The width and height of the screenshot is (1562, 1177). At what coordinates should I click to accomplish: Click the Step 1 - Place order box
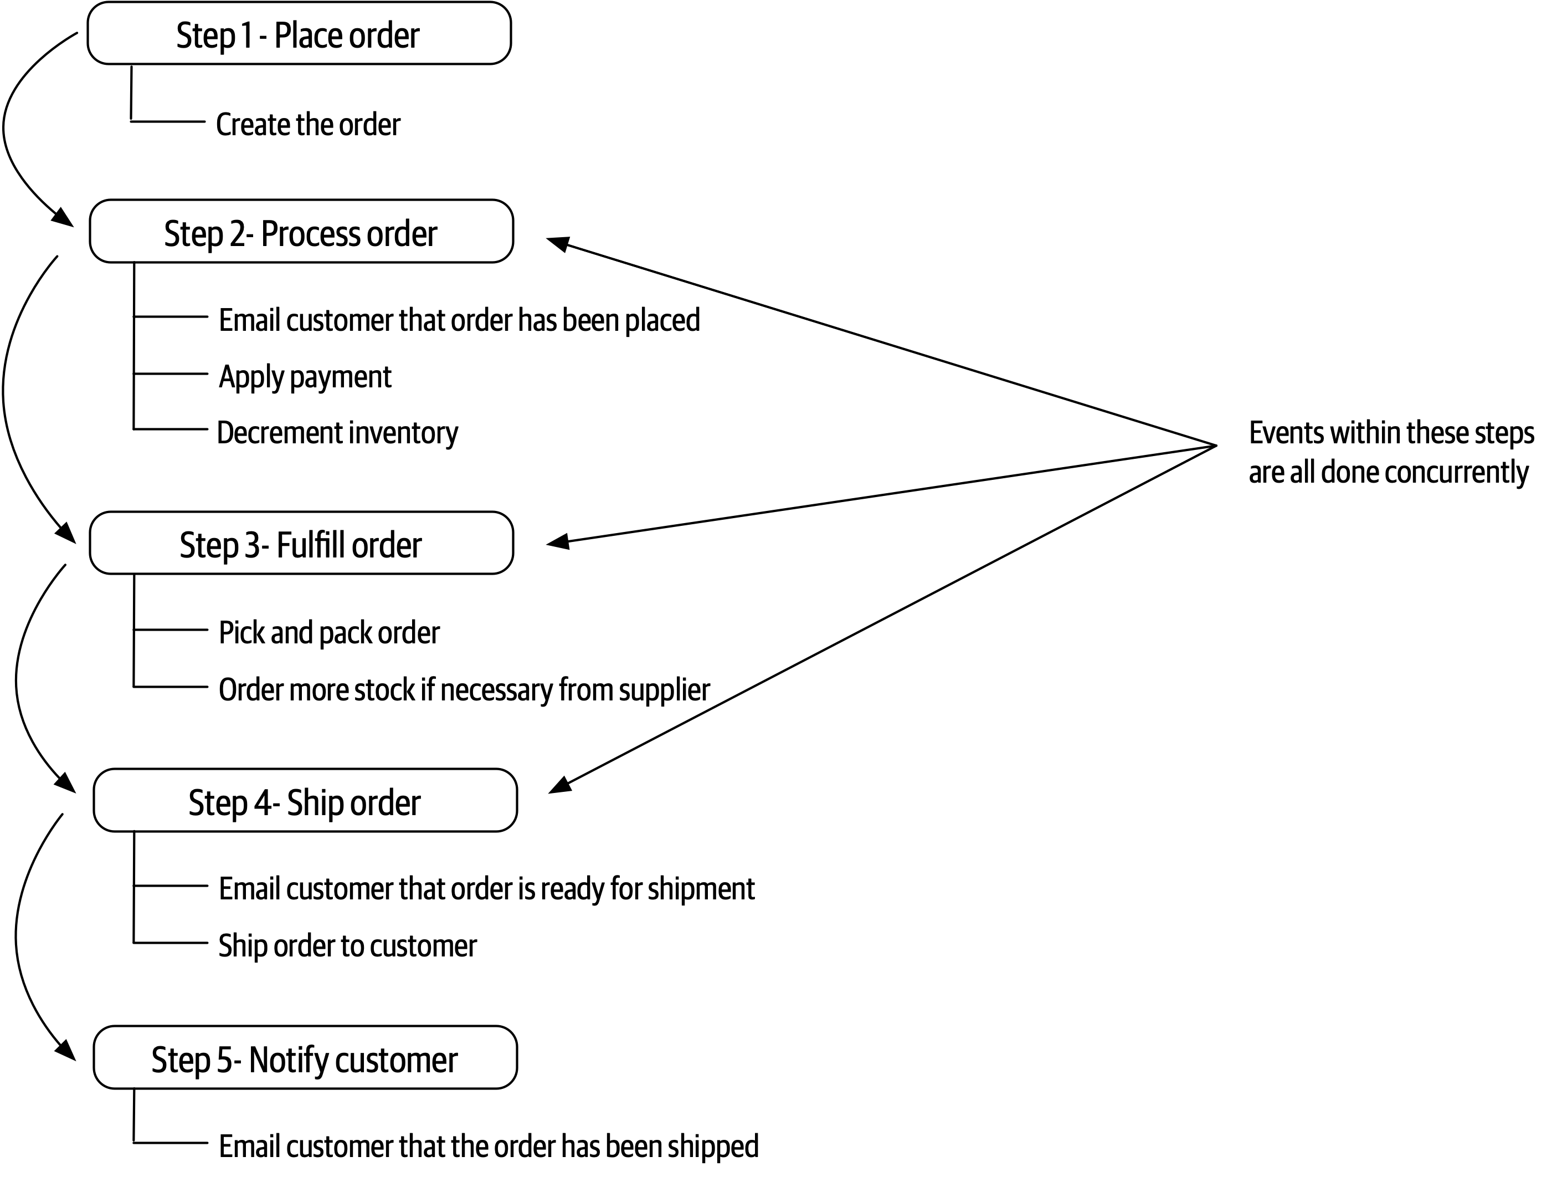coord(299,34)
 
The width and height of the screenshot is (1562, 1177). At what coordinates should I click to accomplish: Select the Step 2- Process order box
coord(301,232)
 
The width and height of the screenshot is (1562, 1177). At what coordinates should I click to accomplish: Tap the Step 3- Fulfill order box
coord(301,543)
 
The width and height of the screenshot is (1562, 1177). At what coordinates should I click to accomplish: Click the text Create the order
coord(308,124)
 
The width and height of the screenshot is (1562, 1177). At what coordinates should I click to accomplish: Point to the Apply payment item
coord(305,377)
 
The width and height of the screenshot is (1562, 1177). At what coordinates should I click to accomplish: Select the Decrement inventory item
coord(337,432)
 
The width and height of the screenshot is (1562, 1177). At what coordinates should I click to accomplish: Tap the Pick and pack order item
coord(329,632)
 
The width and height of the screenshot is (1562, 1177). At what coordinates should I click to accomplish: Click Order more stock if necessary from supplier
coord(464,689)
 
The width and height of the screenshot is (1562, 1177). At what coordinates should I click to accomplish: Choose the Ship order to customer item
coord(347,945)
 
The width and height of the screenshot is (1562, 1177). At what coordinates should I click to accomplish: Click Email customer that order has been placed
coord(459,320)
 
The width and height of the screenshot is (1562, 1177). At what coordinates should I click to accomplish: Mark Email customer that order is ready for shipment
coord(486,888)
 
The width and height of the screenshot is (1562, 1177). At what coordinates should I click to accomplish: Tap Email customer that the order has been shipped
coord(489,1145)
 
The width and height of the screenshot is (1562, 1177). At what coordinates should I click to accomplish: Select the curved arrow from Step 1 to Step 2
coord(6,127)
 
